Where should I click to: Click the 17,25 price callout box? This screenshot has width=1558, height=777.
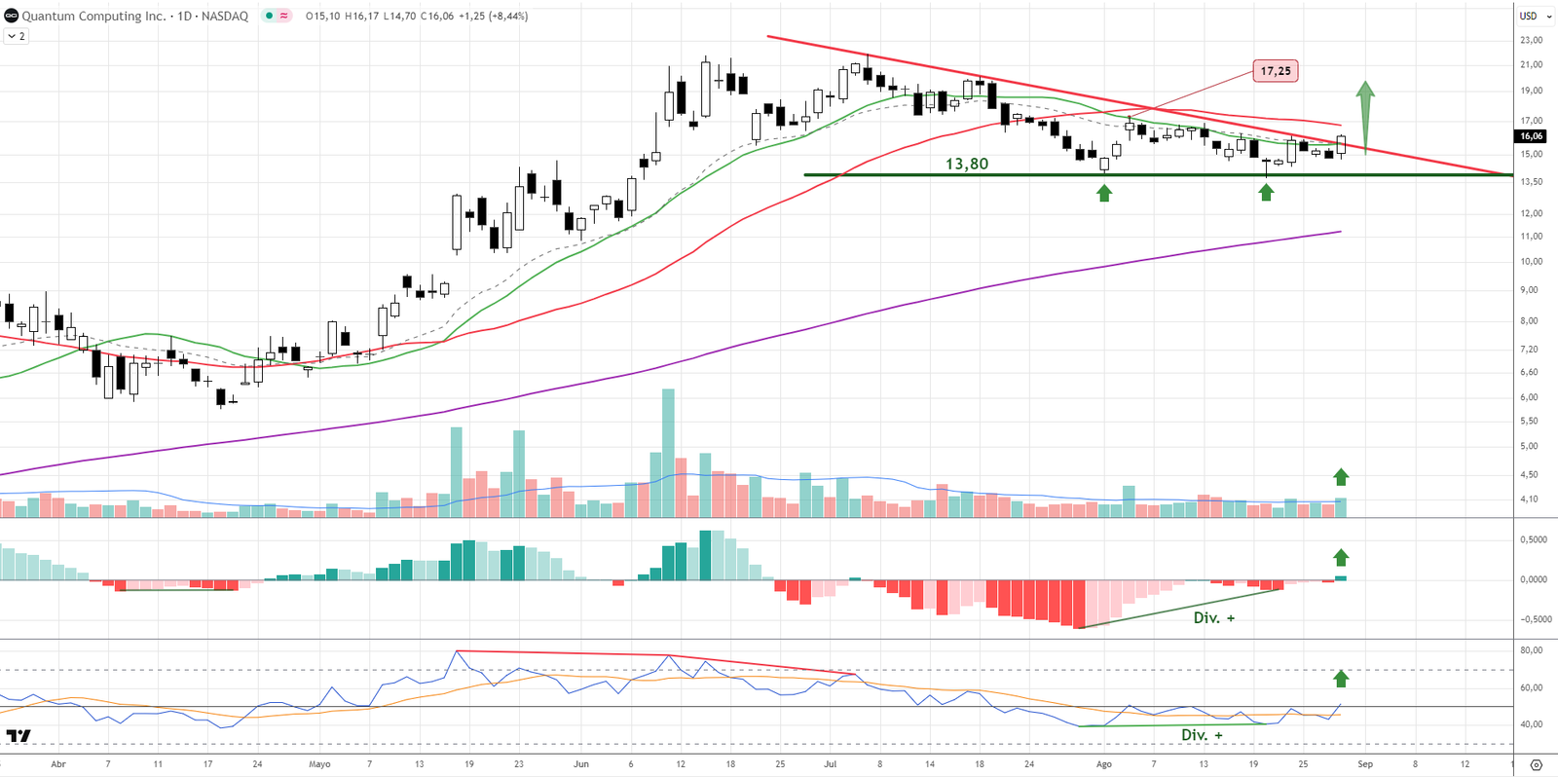click(x=1275, y=71)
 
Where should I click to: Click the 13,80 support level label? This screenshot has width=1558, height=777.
click(x=966, y=164)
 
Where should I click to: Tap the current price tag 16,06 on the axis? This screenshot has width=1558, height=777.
click(x=1531, y=136)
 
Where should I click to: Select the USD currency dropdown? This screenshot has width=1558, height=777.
click(x=1533, y=16)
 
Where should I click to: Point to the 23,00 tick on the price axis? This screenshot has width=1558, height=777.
click(x=1531, y=40)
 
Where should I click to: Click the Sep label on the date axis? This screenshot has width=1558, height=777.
click(x=1365, y=764)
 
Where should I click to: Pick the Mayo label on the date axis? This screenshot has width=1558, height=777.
click(x=319, y=764)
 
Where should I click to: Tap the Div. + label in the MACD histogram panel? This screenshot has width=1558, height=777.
click(x=1213, y=617)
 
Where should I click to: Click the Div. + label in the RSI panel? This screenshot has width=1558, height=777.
click(x=1202, y=734)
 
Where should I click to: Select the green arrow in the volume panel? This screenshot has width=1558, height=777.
click(x=1341, y=476)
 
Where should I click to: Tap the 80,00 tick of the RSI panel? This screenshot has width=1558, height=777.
click(x=1531, y=650)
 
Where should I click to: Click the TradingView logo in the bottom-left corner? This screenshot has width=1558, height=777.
click(x=19, y=735)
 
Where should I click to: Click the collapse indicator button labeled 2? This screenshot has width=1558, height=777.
click(x=17, y=36)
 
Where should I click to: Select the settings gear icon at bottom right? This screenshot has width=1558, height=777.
click(x=1536, y=764)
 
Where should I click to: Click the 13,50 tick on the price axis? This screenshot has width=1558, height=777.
click(x=1531, y=181)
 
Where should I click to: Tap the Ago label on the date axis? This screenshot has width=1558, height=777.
click(x=1103, y=764)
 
